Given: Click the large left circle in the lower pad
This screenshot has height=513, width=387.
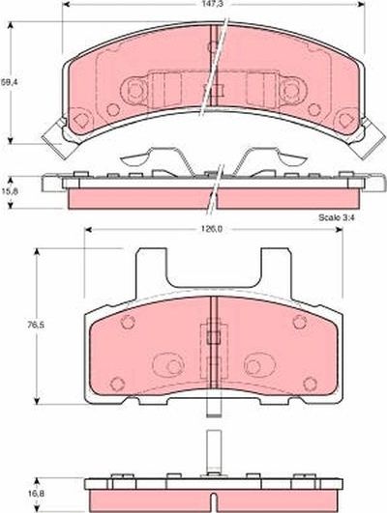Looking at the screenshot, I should (x=166, y=366).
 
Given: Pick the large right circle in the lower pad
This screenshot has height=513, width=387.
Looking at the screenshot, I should (x=256, y=366).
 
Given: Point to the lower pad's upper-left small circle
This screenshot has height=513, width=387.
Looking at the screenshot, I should (x=125, y=325).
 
